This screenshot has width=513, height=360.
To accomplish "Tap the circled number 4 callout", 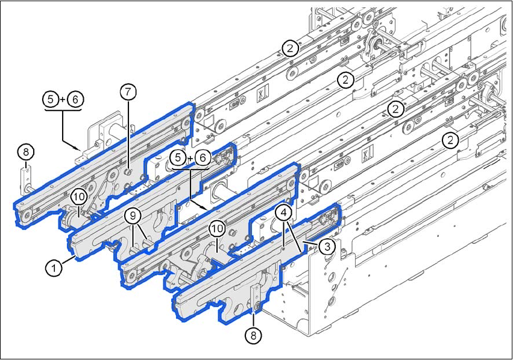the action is (x=282, y=212).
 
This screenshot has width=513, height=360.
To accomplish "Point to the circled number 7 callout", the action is (x=128, y=92).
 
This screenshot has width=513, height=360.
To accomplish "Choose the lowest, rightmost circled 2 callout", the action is (x=448, y=141).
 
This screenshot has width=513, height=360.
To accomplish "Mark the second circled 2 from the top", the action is (x=345, y=79).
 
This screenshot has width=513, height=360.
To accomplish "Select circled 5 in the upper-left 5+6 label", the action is (x=51, y=99).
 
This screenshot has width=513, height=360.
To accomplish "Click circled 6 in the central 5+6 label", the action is (x=203, y=157).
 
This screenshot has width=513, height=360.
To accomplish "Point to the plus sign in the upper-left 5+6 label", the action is (x=63, y=99).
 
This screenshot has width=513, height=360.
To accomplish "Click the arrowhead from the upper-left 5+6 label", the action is (x=81, y=148).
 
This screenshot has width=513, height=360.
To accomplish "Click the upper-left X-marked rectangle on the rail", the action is (x=261, y=95).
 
